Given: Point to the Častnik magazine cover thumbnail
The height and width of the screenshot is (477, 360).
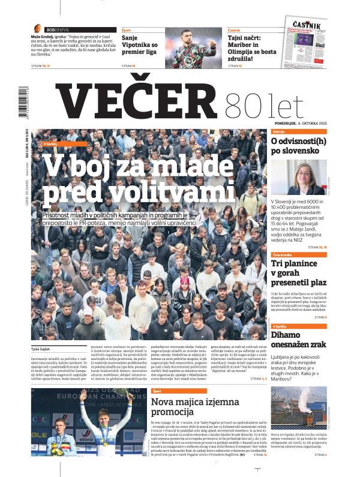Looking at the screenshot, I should tap(306, 41).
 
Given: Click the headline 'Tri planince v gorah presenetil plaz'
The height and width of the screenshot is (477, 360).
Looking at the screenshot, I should tap(297, 273).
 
